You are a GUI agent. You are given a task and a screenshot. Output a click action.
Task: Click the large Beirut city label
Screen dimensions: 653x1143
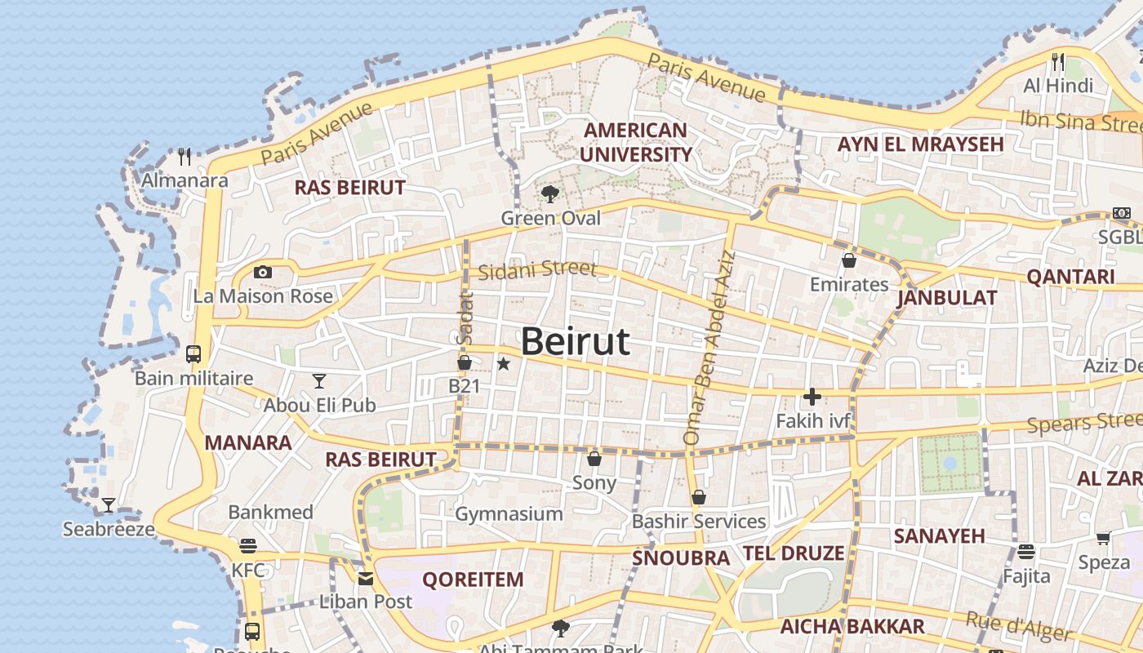pos(575,341)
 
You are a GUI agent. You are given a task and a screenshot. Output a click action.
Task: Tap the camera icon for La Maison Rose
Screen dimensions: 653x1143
pos(263,273)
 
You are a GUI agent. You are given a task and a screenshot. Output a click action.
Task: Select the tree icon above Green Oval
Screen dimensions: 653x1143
pos(550,193)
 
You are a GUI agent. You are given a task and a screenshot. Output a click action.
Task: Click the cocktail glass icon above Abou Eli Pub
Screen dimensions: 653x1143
pos(319,380)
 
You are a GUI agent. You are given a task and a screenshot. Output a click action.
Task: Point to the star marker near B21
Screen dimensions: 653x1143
pos(504,364)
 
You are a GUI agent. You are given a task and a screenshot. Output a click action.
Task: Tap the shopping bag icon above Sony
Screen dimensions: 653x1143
pos(594,459)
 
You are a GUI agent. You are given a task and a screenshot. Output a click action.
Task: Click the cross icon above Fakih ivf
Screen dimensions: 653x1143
pos(812,398)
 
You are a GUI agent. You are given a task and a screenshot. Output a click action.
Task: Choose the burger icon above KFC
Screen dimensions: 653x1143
pos(248,546)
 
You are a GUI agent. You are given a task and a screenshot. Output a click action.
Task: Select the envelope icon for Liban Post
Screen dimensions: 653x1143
pos(365,579)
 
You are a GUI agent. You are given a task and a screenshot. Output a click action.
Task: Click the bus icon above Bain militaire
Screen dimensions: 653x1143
pos(193,354)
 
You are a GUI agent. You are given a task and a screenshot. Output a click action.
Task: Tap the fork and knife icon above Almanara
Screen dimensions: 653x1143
pos(185,156)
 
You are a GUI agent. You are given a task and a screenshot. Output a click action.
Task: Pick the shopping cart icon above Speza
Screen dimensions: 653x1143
pos(1104,538)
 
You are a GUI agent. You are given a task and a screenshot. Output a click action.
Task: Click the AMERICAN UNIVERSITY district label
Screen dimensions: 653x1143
pos(636,142)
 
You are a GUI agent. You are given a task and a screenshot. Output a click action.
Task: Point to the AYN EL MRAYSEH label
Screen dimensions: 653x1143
pos(920,144)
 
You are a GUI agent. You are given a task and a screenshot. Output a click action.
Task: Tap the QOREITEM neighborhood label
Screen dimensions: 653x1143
pos(473,580)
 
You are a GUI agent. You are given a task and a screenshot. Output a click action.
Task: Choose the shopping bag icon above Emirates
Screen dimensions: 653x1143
pos(849,260)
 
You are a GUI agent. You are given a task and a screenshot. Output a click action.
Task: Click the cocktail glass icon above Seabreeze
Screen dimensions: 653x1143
pos(108,504)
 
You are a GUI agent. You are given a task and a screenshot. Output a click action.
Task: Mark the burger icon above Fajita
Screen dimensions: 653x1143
pos(1026,552)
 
